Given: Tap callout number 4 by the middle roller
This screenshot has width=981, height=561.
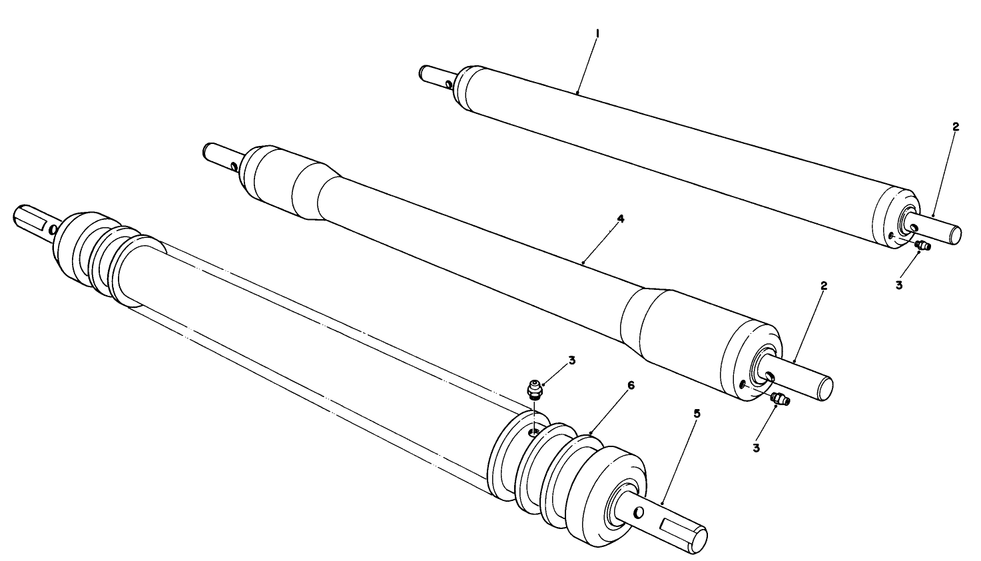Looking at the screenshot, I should point(620,218).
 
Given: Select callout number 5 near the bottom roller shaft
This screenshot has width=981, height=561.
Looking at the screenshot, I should point(696,413).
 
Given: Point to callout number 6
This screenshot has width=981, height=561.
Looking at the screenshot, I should point(613,386).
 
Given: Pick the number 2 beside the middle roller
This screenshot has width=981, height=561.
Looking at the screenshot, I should point(824,285).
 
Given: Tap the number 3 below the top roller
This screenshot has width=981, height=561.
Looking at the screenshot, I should point(898,284).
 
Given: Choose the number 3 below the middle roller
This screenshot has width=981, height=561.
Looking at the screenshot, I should point(756,447).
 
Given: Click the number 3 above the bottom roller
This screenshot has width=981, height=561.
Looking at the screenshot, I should point(571,360).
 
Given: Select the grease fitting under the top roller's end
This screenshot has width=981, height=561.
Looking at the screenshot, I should point(922,247).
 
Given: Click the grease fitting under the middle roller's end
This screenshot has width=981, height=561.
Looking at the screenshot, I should point(779,399).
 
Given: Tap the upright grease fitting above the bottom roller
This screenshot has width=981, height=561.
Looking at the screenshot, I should point(533,388).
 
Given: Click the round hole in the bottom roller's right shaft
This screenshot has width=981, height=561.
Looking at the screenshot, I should point(639,512).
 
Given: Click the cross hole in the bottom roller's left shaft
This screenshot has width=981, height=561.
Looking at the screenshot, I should point(53,229).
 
